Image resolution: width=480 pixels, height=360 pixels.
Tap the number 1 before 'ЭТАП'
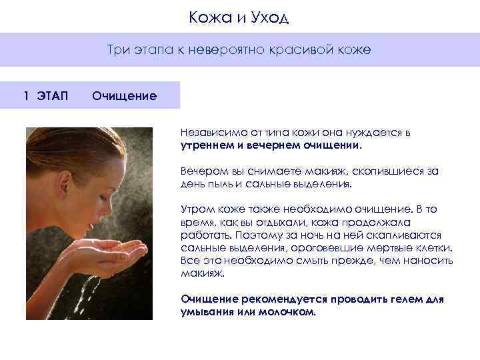26,95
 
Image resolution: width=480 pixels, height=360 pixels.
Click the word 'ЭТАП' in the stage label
53,95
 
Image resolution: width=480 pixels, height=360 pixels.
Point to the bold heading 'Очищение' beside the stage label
125,96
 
